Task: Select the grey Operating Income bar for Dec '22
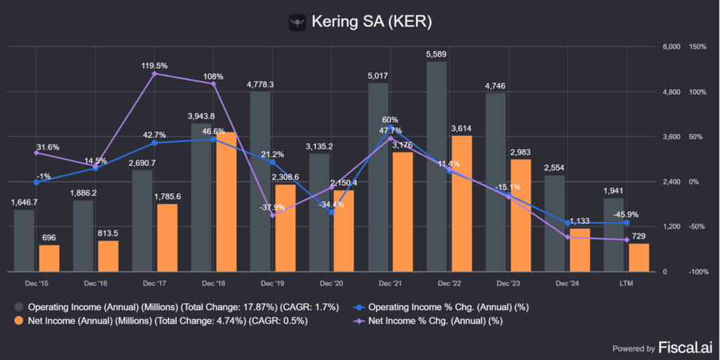click(x=437, y=167)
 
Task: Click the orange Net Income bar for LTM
click(x=638, y=257)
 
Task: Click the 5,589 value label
click(x=437, y=53)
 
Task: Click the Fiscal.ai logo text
click(x=683, y=347)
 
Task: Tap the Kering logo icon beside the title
click(x=299, y=22)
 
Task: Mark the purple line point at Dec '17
click(x=155, y=73)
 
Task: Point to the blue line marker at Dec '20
click(x=331, y=212)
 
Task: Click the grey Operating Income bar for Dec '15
click(x=24, y=240)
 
